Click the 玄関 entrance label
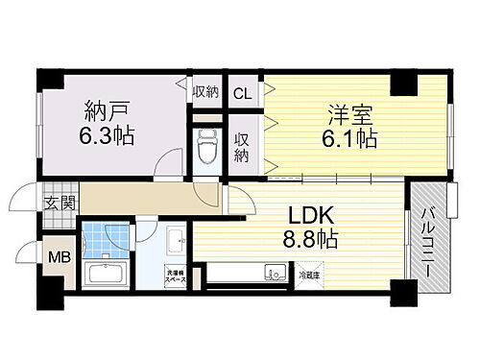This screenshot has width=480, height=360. [54, 203]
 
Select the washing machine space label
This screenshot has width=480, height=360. [178, 276]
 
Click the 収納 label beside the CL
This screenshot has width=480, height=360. [205, 93]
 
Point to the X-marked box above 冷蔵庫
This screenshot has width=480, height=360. [308, 267]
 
